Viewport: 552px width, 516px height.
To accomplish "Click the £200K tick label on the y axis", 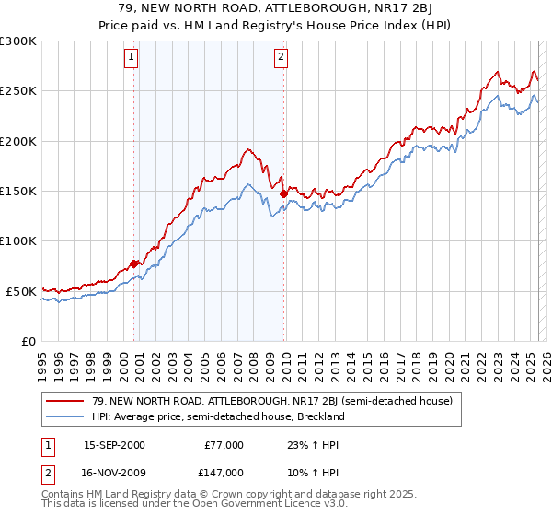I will [x=17, y=142].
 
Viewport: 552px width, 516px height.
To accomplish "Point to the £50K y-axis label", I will [x=20, y=291].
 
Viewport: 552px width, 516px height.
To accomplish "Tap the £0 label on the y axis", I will [x=27, y=341].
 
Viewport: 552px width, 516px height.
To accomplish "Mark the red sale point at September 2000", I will [x=134, y=264].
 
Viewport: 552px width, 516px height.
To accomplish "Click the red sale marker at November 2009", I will [x=283, y=193].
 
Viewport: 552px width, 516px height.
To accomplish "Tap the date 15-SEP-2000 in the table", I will [x=114, y=445].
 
